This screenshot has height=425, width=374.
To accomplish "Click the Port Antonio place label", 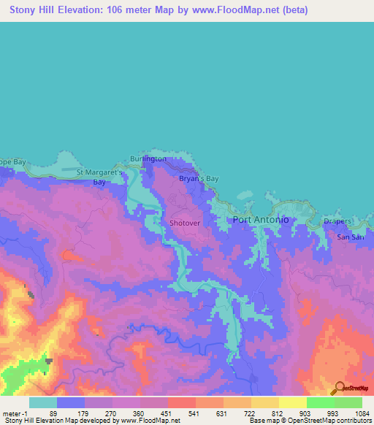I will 261,220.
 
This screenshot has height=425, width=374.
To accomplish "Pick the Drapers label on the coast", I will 337,221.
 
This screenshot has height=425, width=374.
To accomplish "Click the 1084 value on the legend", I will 361,413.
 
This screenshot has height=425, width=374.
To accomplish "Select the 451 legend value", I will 167,413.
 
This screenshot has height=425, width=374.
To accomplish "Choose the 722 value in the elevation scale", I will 251,413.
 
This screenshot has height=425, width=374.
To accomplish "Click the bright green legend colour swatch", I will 321,402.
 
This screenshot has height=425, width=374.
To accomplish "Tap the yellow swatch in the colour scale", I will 293,402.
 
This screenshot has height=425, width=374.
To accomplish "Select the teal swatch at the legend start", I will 43,402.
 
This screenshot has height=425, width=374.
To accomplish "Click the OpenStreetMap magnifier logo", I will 338,388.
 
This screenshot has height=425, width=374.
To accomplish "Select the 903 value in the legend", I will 306,413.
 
